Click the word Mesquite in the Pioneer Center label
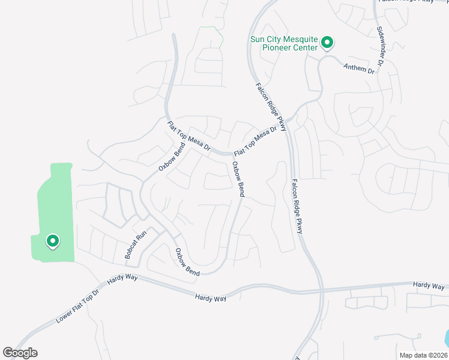pos(295,40)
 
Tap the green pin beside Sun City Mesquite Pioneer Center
pos(327,43)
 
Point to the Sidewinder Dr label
pos(381,46)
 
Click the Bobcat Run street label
pos(136,245)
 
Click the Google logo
pos(20,353)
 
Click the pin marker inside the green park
pos(52,241)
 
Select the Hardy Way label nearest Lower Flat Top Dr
pos(122,277)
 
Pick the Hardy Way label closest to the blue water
pos(429,286)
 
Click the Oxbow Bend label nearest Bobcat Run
pos(187,262)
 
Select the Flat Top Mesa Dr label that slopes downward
pos(188,136)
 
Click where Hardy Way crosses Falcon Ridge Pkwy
pos(322,291)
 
